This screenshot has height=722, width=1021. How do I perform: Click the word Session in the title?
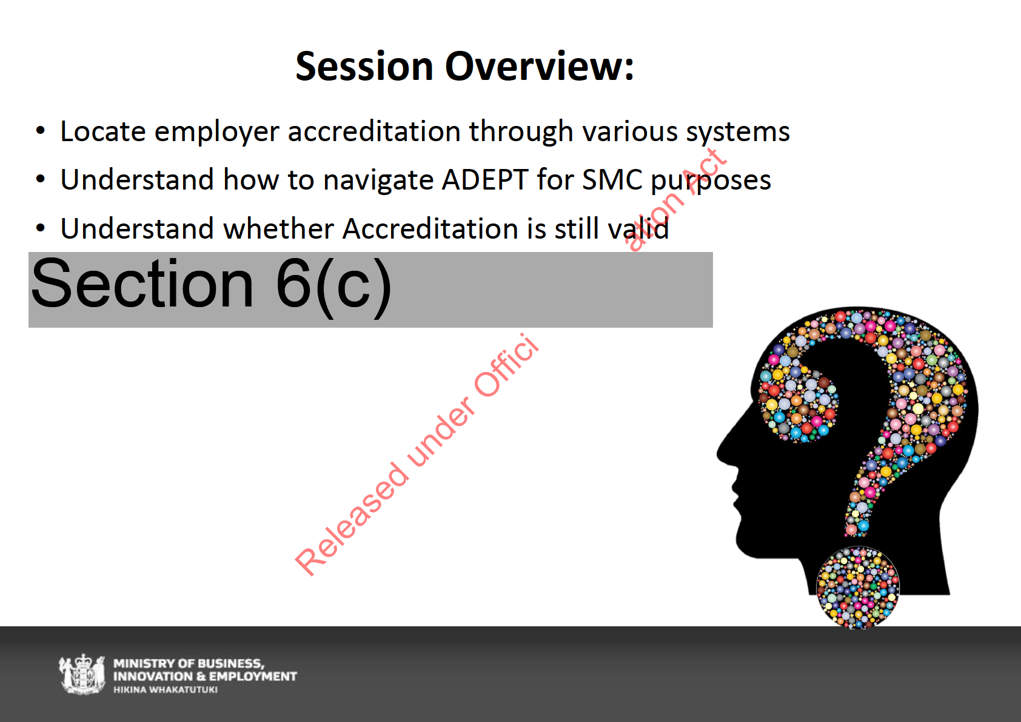[364, 67]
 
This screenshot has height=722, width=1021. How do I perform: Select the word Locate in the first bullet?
[103, 131]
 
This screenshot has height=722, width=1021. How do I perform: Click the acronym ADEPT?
[485, 179]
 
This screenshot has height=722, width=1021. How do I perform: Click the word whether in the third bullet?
[278, 228]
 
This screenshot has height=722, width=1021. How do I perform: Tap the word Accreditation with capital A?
[430, 228]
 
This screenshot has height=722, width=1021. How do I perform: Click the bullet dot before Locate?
[41, 131]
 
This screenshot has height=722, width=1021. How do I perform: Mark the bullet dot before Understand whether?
[41, 227]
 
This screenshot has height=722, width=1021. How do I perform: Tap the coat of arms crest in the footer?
[82, 674]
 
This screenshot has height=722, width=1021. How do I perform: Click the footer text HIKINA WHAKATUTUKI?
[166, 690]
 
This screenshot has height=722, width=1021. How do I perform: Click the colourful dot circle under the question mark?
[857, 588]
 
